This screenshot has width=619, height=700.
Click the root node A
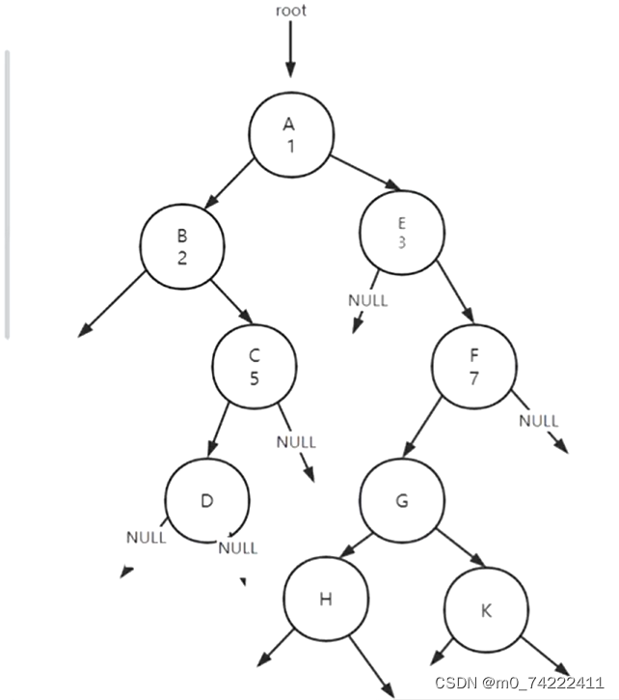[290, 134]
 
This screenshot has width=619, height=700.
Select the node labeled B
[181, 245]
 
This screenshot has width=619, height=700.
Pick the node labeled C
[255, 366]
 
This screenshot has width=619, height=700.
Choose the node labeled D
[206, 500]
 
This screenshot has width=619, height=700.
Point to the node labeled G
[402, 500]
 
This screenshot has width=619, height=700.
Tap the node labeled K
[485, 610]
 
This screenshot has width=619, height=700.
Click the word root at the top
[290, 11]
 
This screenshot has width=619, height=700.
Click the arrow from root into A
[290, 53]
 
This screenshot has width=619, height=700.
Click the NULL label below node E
[367, 300]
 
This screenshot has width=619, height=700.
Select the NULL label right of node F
[538, 421]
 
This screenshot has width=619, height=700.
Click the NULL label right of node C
[296, 442]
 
